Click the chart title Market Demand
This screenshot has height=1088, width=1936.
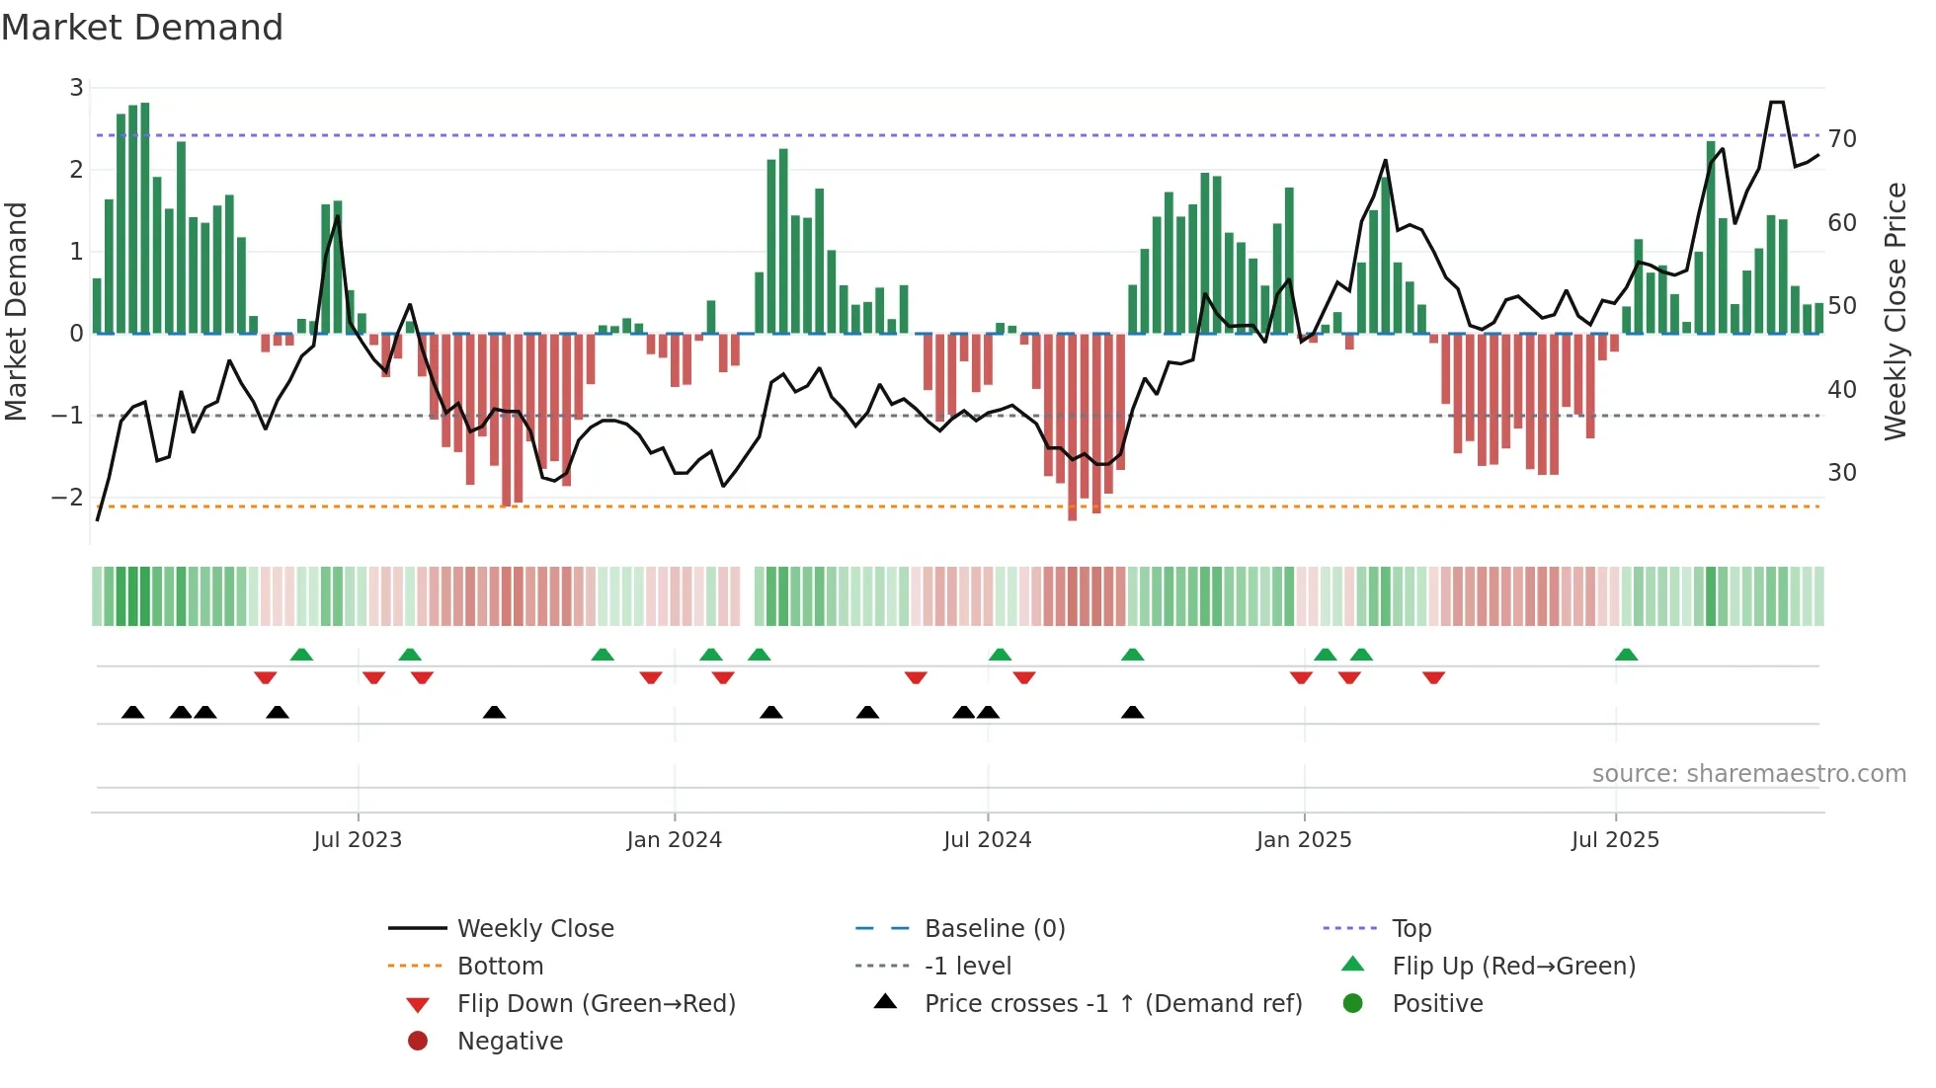142,28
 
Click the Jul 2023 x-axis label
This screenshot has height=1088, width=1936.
358,840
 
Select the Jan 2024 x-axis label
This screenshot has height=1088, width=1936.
674,840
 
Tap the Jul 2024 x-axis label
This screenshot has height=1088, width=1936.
987,840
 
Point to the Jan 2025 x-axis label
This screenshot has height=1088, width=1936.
1304,840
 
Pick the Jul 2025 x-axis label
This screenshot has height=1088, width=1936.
1615,840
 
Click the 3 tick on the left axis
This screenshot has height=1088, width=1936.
76,88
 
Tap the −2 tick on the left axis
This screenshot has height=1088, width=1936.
67,498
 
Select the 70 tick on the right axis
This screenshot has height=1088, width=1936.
1842,139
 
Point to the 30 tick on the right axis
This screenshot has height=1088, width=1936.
1842,473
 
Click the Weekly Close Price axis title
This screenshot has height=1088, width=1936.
1895,311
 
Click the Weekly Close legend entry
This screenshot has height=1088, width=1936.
534,929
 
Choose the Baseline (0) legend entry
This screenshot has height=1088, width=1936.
994,929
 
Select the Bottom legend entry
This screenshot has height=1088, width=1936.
500,967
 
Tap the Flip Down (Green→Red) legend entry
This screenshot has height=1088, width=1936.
596,1004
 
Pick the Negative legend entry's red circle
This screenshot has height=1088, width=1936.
418,1042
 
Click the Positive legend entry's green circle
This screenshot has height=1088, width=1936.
1353,1004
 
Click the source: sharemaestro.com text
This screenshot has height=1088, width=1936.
1748,774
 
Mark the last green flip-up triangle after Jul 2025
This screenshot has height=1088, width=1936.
1626,655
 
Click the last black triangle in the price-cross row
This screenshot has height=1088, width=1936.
1133,713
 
